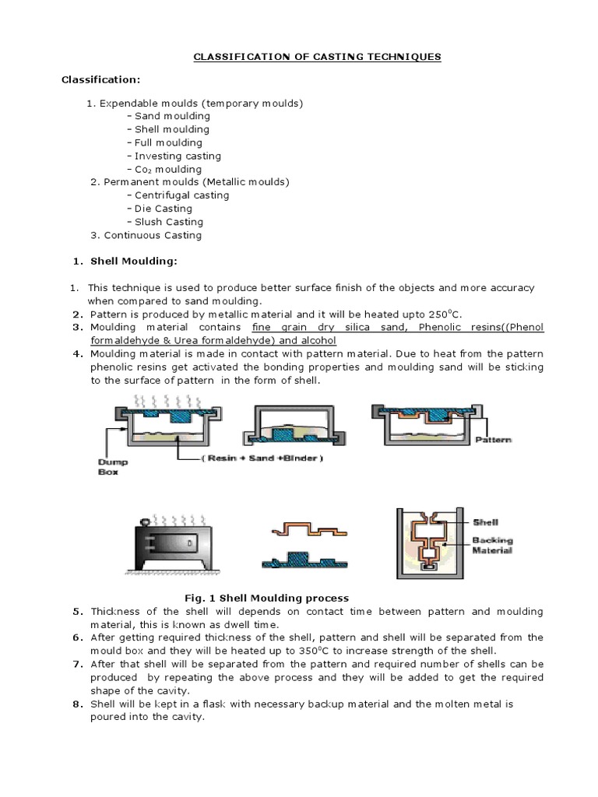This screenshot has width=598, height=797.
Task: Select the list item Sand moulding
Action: (x=171, y=116)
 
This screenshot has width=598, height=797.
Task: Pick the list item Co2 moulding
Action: (x=167, y=169)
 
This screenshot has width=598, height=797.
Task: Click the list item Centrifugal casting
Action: (x=181, y=195)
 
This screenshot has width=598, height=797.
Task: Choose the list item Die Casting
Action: (x=163, y=209)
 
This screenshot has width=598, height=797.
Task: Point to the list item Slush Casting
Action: (x=168, y=222)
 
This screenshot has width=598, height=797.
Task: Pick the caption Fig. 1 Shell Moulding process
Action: (x=267, y=598)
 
